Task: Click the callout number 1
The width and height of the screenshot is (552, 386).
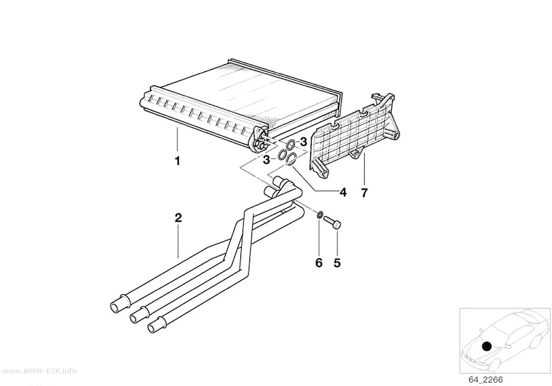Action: point(178,161)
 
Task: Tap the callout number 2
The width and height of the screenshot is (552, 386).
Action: point(179,218)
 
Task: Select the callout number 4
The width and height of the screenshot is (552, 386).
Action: point(343,192)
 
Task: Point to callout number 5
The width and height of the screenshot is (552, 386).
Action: point(338,263)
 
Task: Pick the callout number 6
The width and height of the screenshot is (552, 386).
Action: point(319,263)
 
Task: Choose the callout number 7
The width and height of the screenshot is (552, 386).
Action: point(364,192)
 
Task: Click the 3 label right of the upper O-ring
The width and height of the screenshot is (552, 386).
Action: point(303,142)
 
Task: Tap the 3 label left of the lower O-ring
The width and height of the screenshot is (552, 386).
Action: point(267,160)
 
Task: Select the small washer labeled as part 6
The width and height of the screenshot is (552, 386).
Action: point(320,214)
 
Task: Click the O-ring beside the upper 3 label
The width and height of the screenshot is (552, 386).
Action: point(291,144)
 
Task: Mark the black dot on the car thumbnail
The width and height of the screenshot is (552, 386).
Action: point(487,346)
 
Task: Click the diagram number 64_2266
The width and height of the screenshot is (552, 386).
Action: point(485,380)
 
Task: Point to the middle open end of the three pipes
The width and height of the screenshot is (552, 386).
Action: point(134,318)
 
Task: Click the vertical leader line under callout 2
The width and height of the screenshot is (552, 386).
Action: point(179,242)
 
